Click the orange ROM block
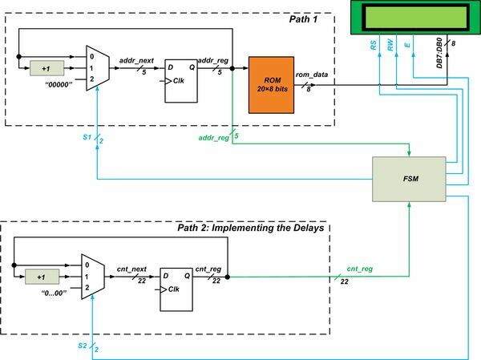(x=272, y=84)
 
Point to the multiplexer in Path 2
(x=90, y=277)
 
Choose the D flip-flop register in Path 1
(x=182, y=80)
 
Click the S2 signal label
(x=83, y=346)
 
